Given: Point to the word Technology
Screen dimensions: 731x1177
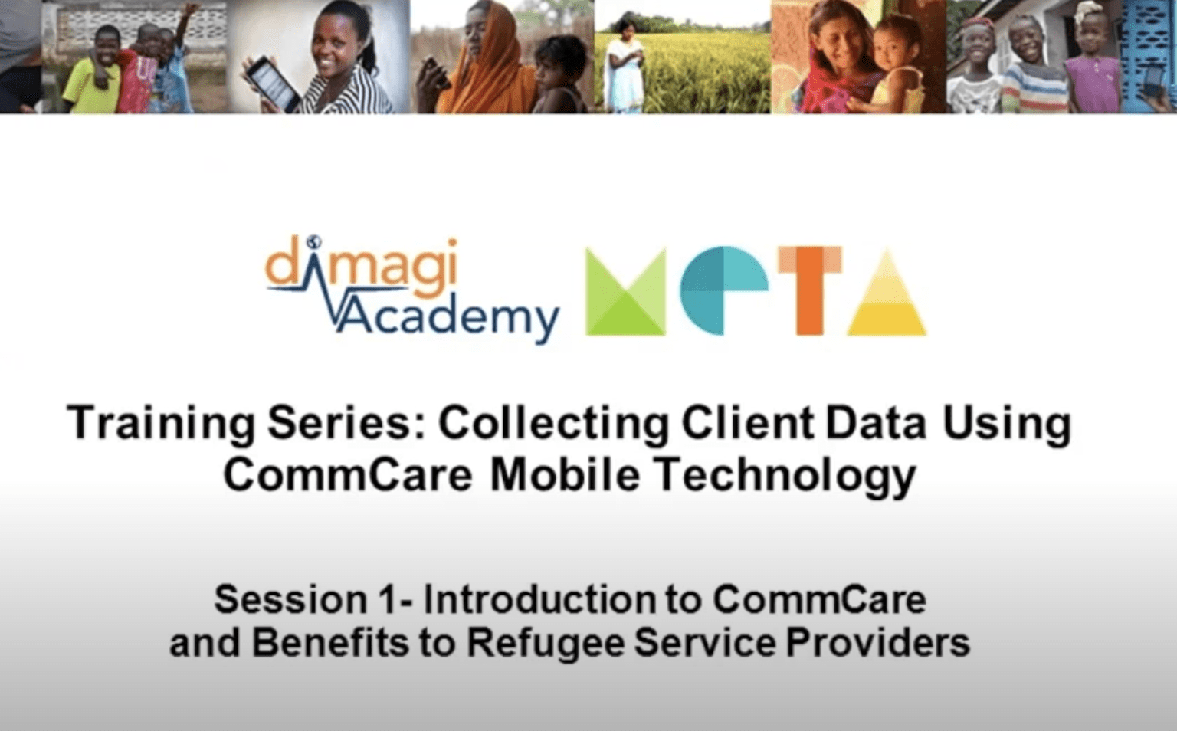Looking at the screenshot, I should [785, 476].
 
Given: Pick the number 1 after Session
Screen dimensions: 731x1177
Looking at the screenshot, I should [388, 600].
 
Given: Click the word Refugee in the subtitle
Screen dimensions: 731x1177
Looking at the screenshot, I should [544, 643].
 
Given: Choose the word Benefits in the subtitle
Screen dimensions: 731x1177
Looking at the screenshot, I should [329, 643].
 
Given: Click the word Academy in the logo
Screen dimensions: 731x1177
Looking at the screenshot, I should [448, 316].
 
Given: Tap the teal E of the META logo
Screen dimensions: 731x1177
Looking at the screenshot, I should [723, 291].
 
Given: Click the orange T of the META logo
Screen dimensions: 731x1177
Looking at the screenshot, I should [809, 291].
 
